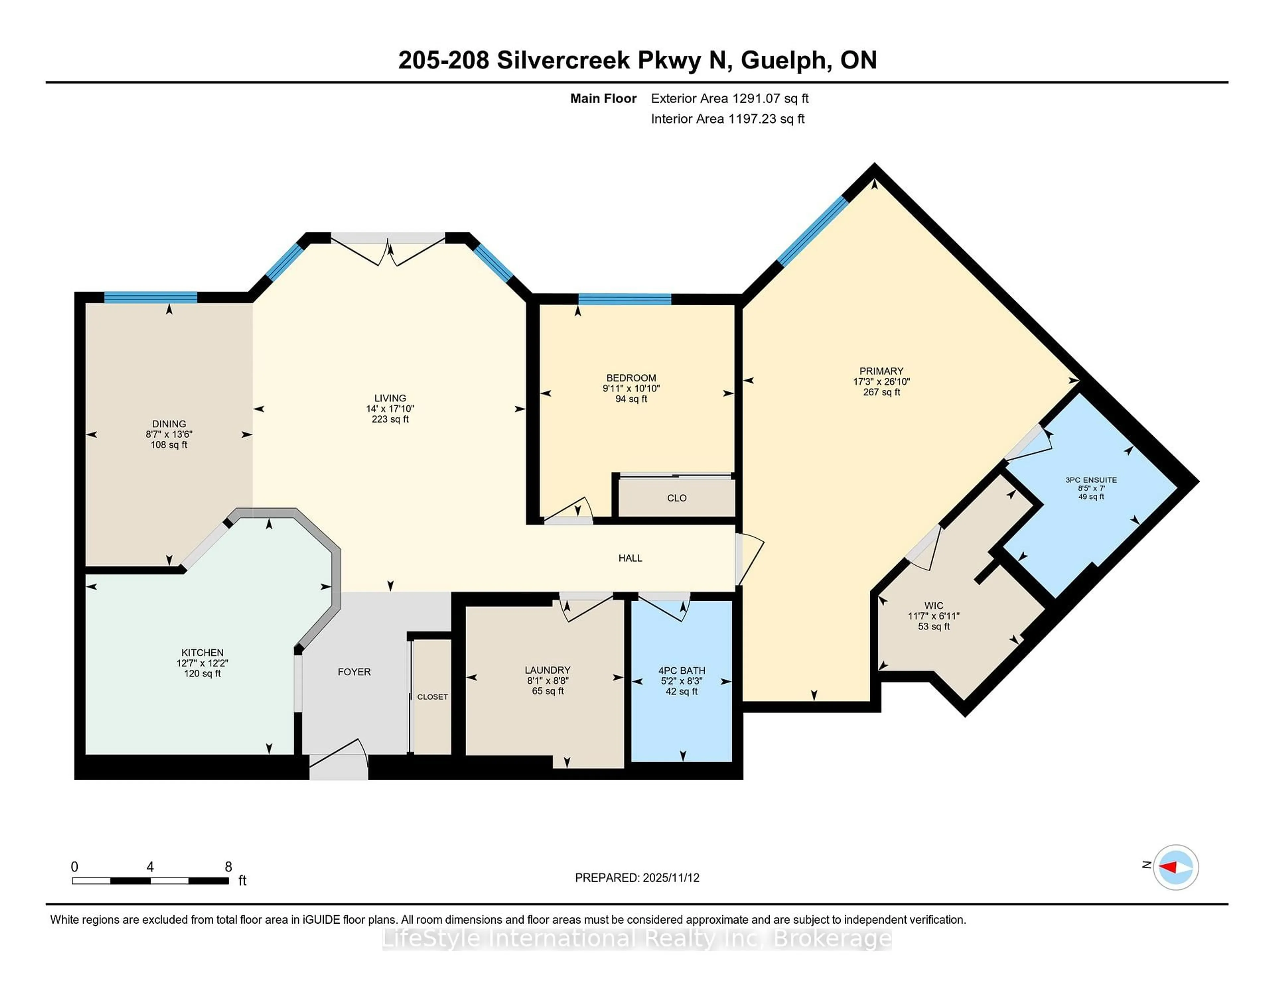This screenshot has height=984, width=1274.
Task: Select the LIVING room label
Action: pos(390,398)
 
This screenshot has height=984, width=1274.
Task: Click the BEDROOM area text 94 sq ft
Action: pos(631,399)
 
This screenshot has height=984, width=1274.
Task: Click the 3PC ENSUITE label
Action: pos(1091,480)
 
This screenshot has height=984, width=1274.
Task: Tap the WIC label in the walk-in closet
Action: pos(933,606)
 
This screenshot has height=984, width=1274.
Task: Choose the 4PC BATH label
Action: pos(681,670)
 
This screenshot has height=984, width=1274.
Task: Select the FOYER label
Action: pos(354,672)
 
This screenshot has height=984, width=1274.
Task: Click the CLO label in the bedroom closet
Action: pos(677,498)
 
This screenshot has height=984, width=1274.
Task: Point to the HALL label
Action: pos(630,558)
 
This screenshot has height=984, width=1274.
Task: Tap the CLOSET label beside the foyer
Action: pos(432,697)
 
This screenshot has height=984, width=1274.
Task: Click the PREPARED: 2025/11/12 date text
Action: pos(637,877)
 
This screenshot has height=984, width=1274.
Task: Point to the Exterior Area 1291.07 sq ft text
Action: pos(729,98)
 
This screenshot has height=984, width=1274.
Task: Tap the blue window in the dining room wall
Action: pos(151,297)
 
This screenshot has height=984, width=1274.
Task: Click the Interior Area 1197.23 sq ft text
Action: pos(728,119)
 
